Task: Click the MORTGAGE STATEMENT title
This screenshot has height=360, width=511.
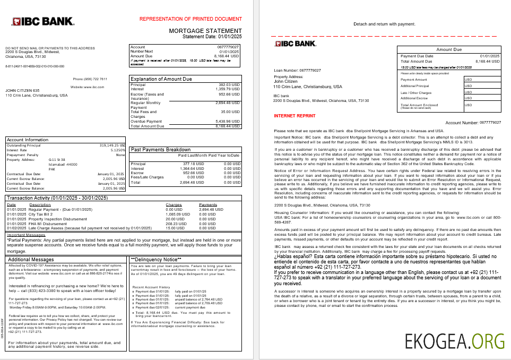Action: pos(205,31)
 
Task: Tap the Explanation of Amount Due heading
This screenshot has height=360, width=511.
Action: pos(161,79)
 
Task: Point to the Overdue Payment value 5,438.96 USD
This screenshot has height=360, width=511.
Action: pos(226,122)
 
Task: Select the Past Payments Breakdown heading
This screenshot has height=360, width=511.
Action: pos(161,150)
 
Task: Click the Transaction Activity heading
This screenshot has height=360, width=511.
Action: pos(57,198)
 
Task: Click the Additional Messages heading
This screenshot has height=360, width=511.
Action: pos(30,259)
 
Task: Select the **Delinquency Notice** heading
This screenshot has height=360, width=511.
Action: pos(157,259)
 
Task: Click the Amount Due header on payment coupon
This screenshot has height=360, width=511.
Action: pos(448,49)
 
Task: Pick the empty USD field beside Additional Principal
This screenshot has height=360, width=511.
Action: pos(482,85)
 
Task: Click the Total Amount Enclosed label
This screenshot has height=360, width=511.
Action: pos(419,105)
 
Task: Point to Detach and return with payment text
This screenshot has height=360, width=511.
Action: pos(384,24)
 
